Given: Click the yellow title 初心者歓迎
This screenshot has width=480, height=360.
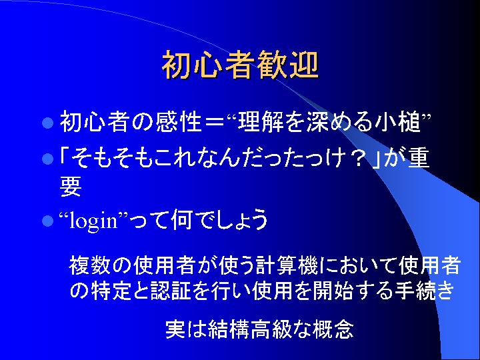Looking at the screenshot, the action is (240, 65).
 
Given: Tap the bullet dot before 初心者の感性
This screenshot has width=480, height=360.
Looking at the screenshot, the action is (48, 123).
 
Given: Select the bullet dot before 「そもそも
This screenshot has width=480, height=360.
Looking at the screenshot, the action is (48, 159).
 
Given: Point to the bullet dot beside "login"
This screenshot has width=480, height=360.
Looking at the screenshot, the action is (48, 221).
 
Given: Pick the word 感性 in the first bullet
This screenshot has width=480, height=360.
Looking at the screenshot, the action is (178, 122).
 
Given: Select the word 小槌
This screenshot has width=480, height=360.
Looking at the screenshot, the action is (397, 122).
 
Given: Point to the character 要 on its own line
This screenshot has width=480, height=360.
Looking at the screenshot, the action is (71, 186).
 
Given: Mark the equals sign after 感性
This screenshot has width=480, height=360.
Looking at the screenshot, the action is (214, 123).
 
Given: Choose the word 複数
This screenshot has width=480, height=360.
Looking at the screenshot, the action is (89, 265).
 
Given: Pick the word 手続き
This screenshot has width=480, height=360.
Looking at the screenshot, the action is (424, 289).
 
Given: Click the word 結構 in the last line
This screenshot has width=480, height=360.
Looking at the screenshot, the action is (229, 329).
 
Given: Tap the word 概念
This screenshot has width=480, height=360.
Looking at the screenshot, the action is (334, 329).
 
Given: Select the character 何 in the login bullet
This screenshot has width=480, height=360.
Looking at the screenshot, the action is (182, 220).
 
